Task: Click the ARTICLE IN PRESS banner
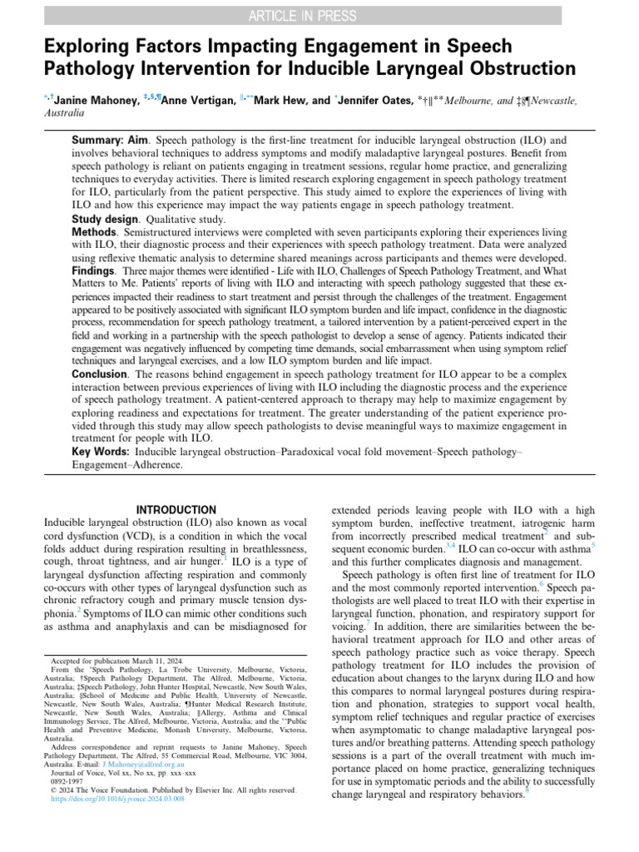point(319,15)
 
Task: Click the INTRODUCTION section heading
point(175,509)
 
